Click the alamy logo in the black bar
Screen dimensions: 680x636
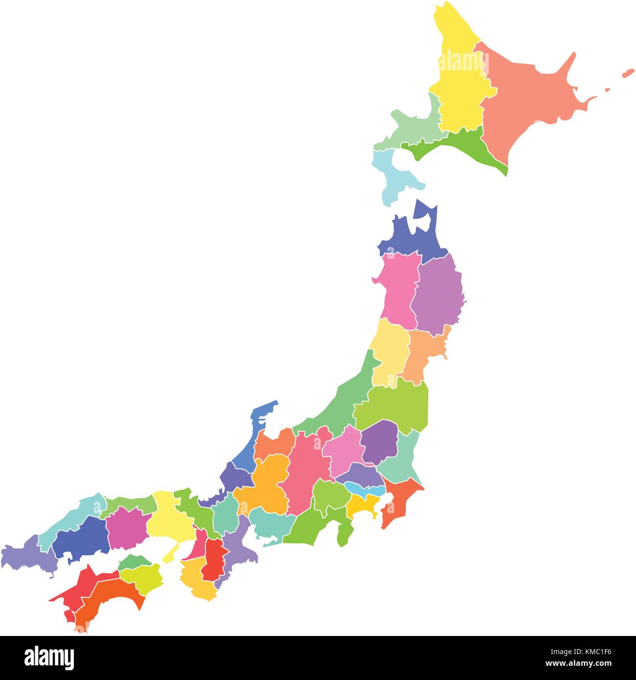tap(49, 656)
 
